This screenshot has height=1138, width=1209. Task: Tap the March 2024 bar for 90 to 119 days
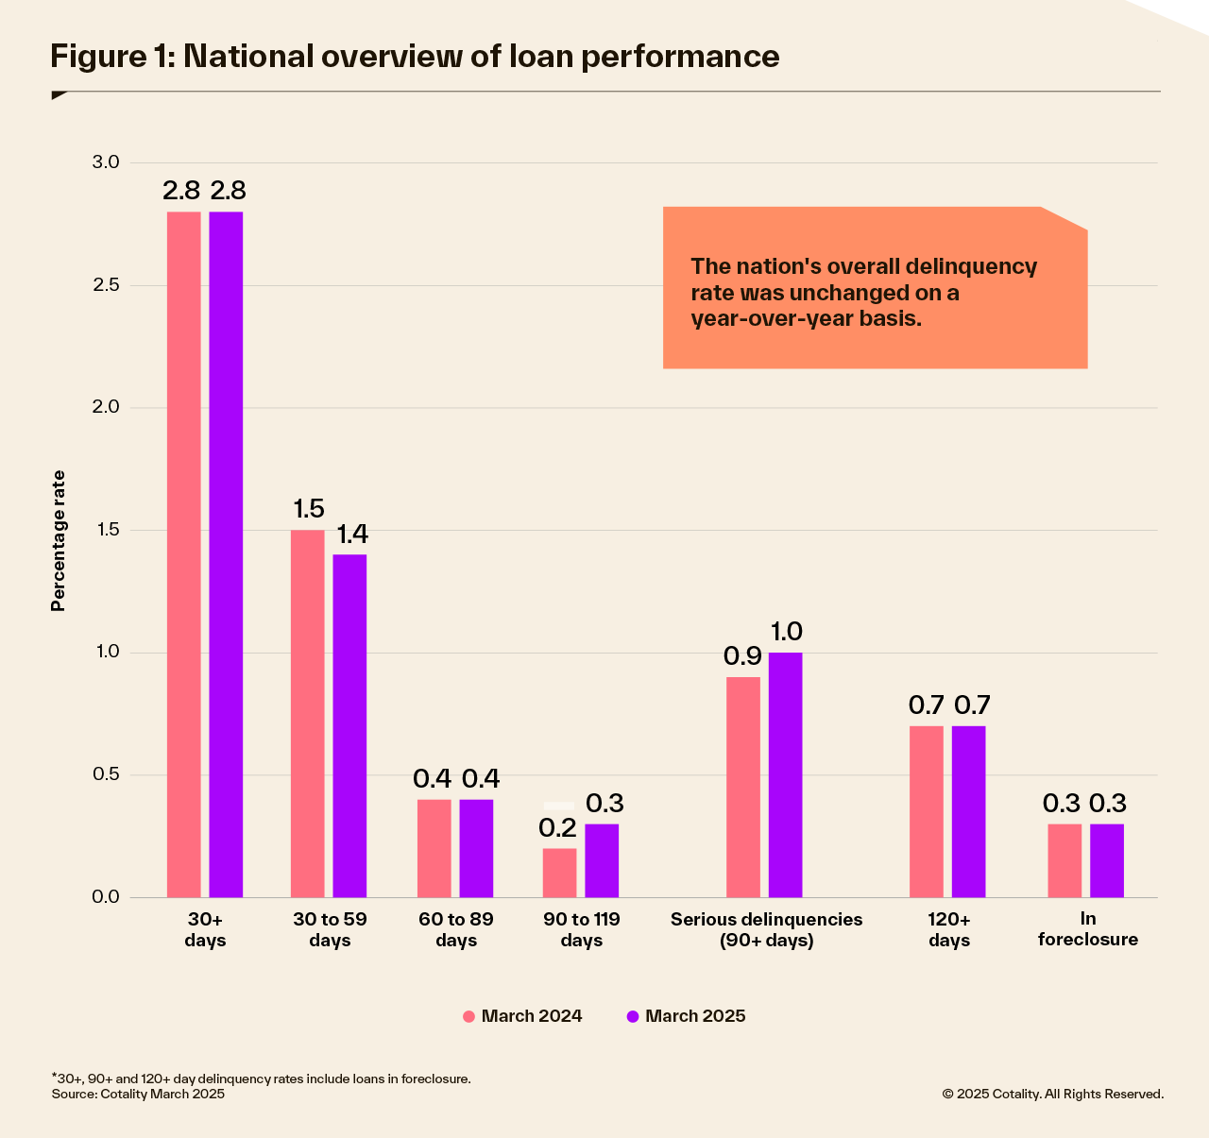[559, 873]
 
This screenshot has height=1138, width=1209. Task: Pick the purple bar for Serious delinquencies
[785, 774]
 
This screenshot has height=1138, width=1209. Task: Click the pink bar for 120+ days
[926, 811]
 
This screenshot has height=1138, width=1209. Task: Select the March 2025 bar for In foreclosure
[1107, 860]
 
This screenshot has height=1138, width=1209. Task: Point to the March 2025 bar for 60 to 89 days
[476, 848]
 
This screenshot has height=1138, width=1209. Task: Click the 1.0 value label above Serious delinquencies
[786, 632]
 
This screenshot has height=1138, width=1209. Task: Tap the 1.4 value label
[351, 535]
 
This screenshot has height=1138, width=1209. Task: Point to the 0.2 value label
[557, 828]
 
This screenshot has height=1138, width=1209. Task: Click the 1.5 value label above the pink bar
[308, 509]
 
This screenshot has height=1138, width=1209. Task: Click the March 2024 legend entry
[522, 1016]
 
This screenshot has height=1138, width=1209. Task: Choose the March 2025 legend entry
[686, 1016]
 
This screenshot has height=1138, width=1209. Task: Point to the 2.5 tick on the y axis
[106, 285]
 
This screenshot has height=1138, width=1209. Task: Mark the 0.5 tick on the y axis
[106, 775]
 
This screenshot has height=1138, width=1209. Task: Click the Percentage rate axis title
[59, 540]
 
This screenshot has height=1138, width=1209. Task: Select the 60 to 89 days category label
[456, 929]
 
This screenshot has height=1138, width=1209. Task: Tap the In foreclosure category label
[1087, 929]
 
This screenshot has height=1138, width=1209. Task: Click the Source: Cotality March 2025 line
[138, 1094]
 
